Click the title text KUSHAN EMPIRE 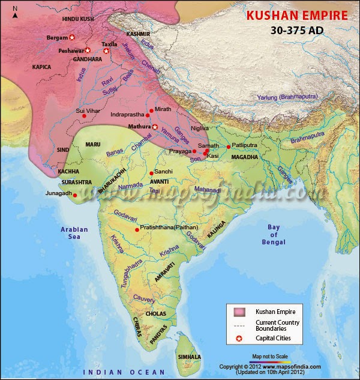297,14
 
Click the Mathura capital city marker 154,127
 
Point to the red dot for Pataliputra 229,146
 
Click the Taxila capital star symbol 107,51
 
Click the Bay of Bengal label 281,234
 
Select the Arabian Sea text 74,234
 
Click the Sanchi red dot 151,173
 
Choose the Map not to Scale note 270,356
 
